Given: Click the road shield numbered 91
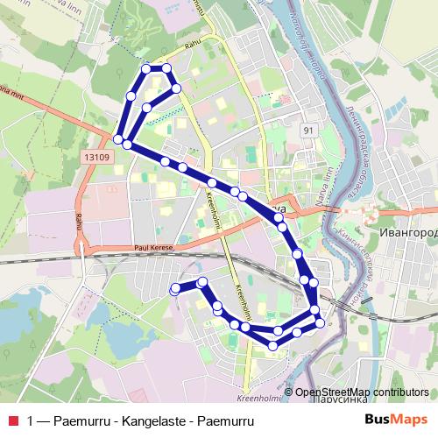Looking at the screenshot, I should (307, 131).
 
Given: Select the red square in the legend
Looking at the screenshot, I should (11, 420).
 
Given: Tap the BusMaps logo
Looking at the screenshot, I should (402, 419).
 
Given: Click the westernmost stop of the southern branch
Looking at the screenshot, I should (175, 287).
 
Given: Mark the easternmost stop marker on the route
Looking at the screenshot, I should (320, 323).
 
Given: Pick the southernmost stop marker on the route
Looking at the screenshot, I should (273, 345).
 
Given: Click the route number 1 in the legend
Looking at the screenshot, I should (32, 420).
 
